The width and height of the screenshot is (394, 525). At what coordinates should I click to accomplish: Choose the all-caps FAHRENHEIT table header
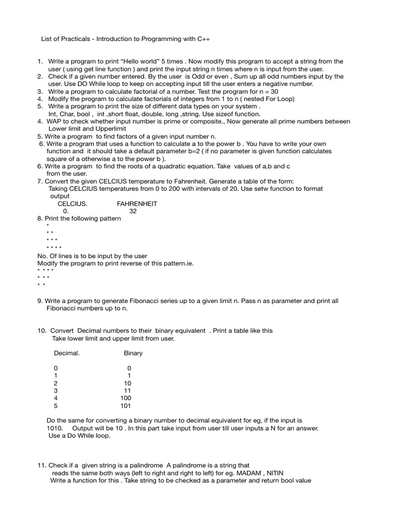(x=137, y=204)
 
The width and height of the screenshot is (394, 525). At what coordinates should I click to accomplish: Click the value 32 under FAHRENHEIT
(x=133, y=211)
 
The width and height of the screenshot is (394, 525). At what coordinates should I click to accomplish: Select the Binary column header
(x=133, y=353)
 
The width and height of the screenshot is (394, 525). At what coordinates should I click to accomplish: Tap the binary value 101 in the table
(x=126, y=406)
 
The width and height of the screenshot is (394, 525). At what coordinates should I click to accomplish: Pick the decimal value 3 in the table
(x=55, y=391)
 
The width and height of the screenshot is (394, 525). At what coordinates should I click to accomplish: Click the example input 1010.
(x=54, y=428)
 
